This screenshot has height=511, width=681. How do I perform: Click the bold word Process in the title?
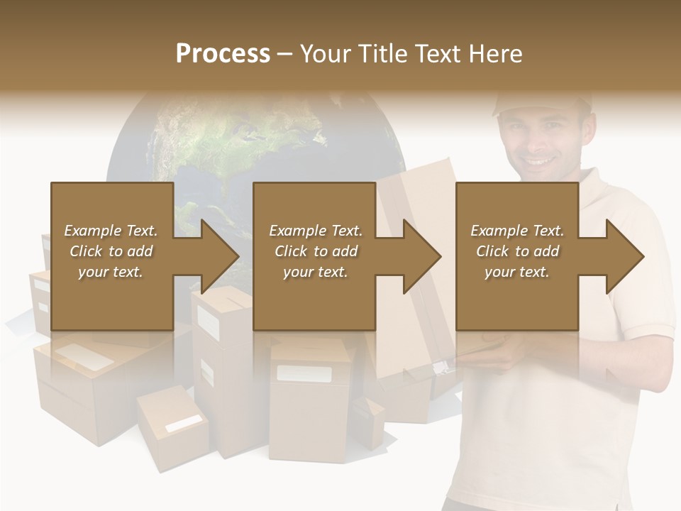pyautogui.click(x=223, y=53)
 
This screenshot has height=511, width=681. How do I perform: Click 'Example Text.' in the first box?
pyautogui.click(x=111, y=231)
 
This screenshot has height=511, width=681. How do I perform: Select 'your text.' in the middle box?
pyautogui.click(x=315, y=272)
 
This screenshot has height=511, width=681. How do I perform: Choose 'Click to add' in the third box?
pyautogui.click(x=517, y=251)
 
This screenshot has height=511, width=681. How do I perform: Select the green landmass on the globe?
pyautogui.click(x=234, y=142)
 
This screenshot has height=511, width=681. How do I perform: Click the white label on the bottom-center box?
pyautogui.click(x=304, y=374)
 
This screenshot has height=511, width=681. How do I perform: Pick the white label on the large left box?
pyautogui.click(x=84, y=357)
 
